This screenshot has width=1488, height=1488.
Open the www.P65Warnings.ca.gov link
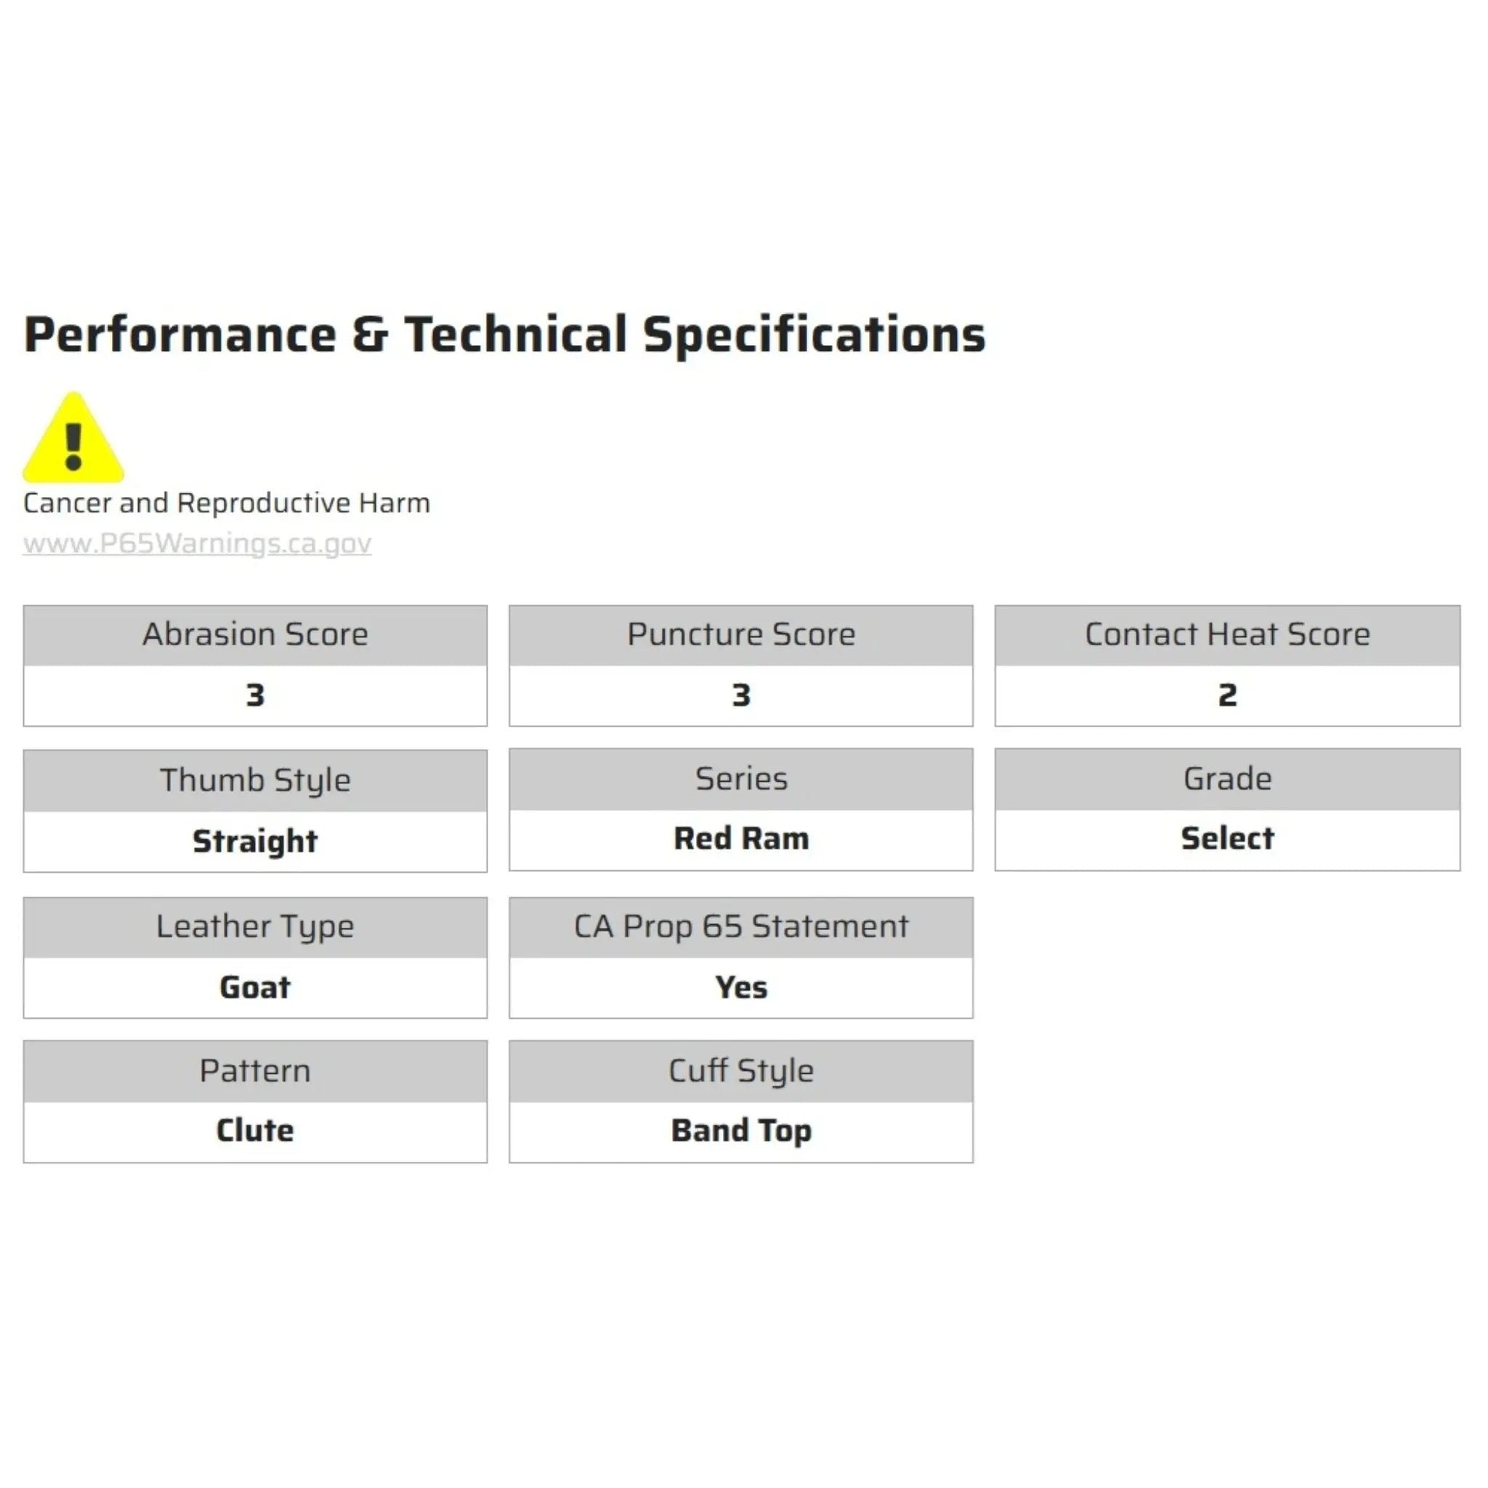point(197,543)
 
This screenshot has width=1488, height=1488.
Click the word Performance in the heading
point(180,335)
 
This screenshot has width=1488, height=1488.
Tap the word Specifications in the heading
point(814,335)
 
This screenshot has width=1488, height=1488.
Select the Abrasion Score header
point(255,634)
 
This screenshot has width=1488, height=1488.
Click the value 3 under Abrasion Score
point(255,695)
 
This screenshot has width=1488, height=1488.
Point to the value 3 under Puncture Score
point(741,695)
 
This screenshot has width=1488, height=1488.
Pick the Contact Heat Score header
point(1227,634)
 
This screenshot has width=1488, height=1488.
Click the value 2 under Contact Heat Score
point(1227,695)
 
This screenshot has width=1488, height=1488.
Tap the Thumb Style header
point(255,781)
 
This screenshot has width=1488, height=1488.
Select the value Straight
point(255,841)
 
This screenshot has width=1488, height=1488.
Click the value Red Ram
point(741,838)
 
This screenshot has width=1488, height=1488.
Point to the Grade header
point(1227,780)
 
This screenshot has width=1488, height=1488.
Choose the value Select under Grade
point(1227,838)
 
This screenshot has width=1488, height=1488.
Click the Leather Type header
point(255,927)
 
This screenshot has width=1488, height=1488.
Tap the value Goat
point(255,987)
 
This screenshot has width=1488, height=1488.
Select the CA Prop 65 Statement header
point(741,926)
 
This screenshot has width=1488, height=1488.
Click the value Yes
point(741,987)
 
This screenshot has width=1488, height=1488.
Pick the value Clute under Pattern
point(255,1131)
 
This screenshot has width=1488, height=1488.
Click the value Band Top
point(741,1131)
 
